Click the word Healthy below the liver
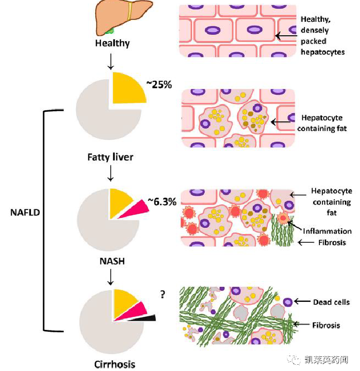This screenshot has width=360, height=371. pos(113,43)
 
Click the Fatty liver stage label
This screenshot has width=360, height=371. pos(110,157)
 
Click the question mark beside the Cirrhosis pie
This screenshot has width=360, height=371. pos(163,294)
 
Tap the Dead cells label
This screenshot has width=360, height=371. pos(331,302)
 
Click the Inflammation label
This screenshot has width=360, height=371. pos(327,231)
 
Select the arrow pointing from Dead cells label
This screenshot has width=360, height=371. pos(302,301)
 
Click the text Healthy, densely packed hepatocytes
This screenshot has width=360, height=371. pos(322,35)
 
